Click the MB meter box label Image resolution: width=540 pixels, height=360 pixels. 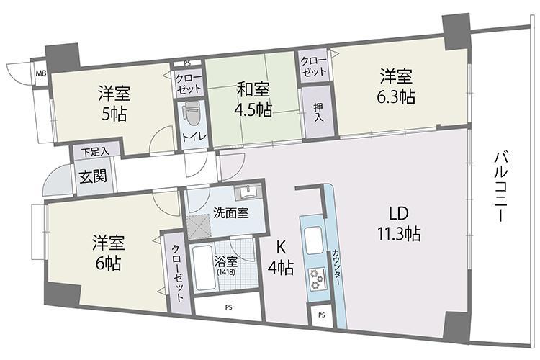coord(41,73)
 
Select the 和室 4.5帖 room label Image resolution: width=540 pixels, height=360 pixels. coord(253,99)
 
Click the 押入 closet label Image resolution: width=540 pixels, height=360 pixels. coord(318,112)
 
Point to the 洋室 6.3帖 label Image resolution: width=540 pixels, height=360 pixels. coord(396,86)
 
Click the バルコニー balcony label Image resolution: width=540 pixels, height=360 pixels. coord(500,186)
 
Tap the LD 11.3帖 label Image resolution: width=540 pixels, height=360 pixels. coord(399,224)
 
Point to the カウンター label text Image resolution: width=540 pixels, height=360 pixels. coord(336,267)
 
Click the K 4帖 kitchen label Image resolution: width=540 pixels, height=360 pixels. coord(281,257)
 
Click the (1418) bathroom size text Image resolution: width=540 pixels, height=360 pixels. coord(226,272)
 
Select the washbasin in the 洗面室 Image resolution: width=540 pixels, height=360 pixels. coord(247,192)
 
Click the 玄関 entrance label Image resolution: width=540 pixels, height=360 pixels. coord(94,176)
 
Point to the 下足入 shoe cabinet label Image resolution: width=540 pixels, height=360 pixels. coord(95,152)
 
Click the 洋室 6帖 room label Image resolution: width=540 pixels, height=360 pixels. coord(108,253)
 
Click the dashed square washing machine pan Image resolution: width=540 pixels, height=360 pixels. coord(199,225)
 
